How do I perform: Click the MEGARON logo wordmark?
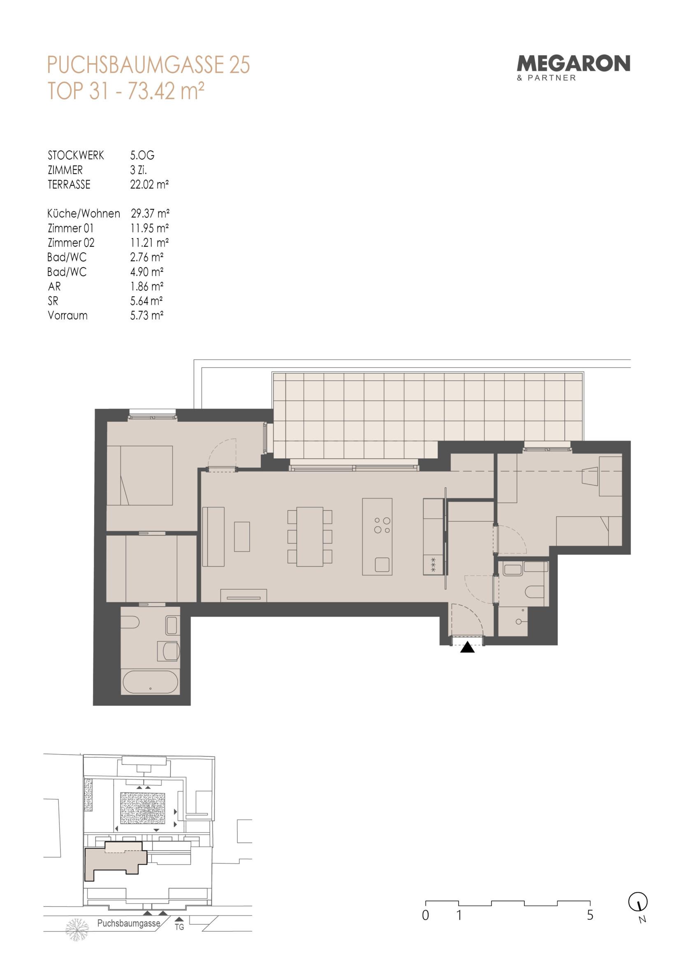[x=573, y=63]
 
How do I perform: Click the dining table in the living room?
[x=310, y=537]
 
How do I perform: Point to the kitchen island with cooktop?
[x=377, y=537]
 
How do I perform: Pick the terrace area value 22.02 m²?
[x=149, y=185]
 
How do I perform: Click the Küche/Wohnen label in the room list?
[x=84, y=213]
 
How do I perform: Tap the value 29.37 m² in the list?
[x=150, y=213]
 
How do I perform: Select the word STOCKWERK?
[x=76, y=155]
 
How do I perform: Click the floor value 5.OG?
[x=142, y=155]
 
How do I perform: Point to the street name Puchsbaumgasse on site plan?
[x=129, y=923]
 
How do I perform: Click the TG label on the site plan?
[x=179, y=926]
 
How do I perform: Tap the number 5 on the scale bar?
[x=590, y=915]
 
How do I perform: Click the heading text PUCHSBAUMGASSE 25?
[x=148, y=65]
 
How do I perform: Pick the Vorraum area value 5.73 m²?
[x=147, y=315]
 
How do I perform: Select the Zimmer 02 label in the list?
[x=71, y=243]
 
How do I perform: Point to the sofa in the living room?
[x=213, y=537]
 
